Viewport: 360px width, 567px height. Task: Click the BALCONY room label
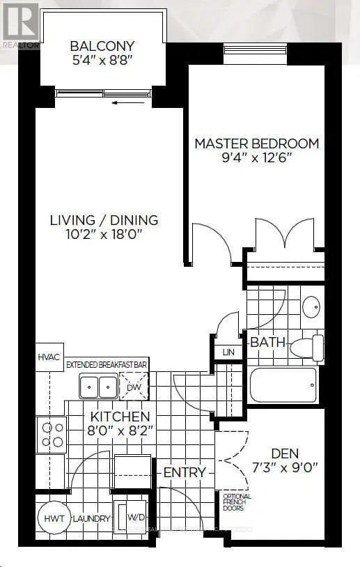(x=102, y=47)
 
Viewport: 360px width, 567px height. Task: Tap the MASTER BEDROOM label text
(x=256, y=143)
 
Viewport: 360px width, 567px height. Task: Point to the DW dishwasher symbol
(x=134, y=386)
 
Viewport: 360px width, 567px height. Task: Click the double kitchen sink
(x=98, y=386)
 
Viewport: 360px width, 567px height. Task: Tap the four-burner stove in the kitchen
(x=52, y=433)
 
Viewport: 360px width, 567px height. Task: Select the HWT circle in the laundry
(x=51, y=519)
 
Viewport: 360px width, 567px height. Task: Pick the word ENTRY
(x=185, y=472)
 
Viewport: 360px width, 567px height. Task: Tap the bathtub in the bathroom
(x=283, y=385)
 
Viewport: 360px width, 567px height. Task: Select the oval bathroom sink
(x=311, y=306)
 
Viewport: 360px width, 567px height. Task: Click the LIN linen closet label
(x=229, y=352)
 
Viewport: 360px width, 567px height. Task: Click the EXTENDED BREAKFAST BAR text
(x=107, y=364)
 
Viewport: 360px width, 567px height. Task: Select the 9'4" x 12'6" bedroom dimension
(x=256, y=158)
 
